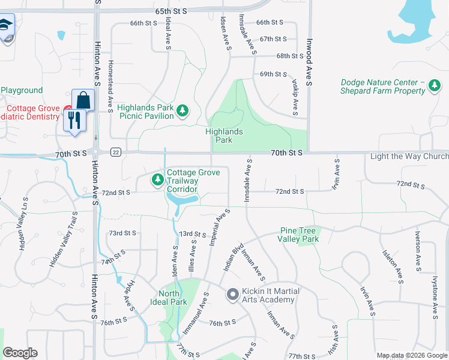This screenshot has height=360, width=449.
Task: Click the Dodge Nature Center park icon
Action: point(435,88)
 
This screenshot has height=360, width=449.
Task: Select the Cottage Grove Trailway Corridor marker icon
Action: point(157,179)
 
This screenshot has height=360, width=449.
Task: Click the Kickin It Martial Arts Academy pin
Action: point(232,295)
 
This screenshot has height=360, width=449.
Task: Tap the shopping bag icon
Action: point(83,100)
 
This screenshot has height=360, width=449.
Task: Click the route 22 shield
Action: point(116,152)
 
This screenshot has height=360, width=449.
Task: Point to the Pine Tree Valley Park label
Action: point(298,235)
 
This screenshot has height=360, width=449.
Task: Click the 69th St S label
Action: point(273,74)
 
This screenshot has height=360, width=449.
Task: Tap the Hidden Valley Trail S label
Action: point(64,240)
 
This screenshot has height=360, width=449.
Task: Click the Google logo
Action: point(20,353)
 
